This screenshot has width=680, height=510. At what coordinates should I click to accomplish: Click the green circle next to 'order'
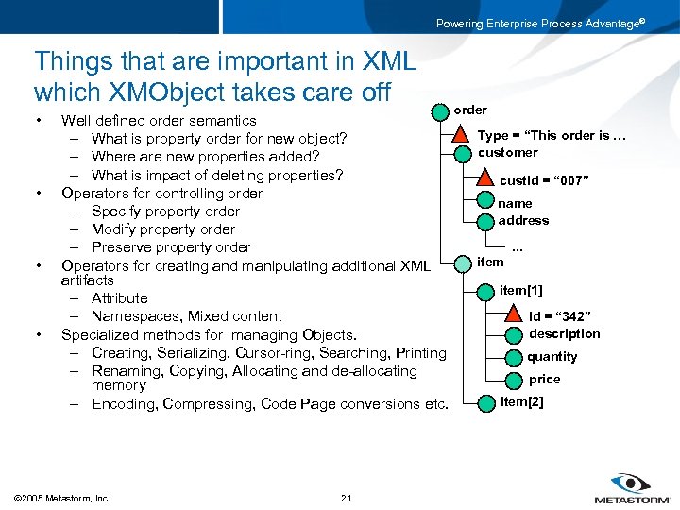click(x=439, y=111)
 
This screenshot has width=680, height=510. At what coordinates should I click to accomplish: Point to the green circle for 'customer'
click(x=462, y=154)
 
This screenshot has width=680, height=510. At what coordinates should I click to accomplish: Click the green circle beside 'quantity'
click(x=513, y=357)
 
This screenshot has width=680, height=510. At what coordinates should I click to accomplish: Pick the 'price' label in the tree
click(x=545, y=379)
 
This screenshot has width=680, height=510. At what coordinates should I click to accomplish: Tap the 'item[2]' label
click(x=521, y=401)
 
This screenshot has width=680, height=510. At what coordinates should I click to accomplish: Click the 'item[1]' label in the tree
click(x=521, y=290)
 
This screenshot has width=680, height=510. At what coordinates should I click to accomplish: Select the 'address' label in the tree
click(x=523, y=220)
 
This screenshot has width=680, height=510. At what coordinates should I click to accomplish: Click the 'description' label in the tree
click(x=564, y=333)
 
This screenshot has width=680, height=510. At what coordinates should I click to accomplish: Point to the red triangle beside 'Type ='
click(x=462, y=135)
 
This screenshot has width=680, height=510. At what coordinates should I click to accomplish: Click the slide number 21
click(x=346, y=498)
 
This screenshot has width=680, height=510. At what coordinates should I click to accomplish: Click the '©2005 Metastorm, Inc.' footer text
click(x=62, y=498)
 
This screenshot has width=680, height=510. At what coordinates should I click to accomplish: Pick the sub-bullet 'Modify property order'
click(x=163, y=229)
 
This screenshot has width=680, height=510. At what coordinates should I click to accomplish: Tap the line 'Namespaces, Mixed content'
click(x=186, y=316)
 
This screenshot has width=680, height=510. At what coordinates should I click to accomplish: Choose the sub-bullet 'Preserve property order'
click(x=170, y=247)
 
